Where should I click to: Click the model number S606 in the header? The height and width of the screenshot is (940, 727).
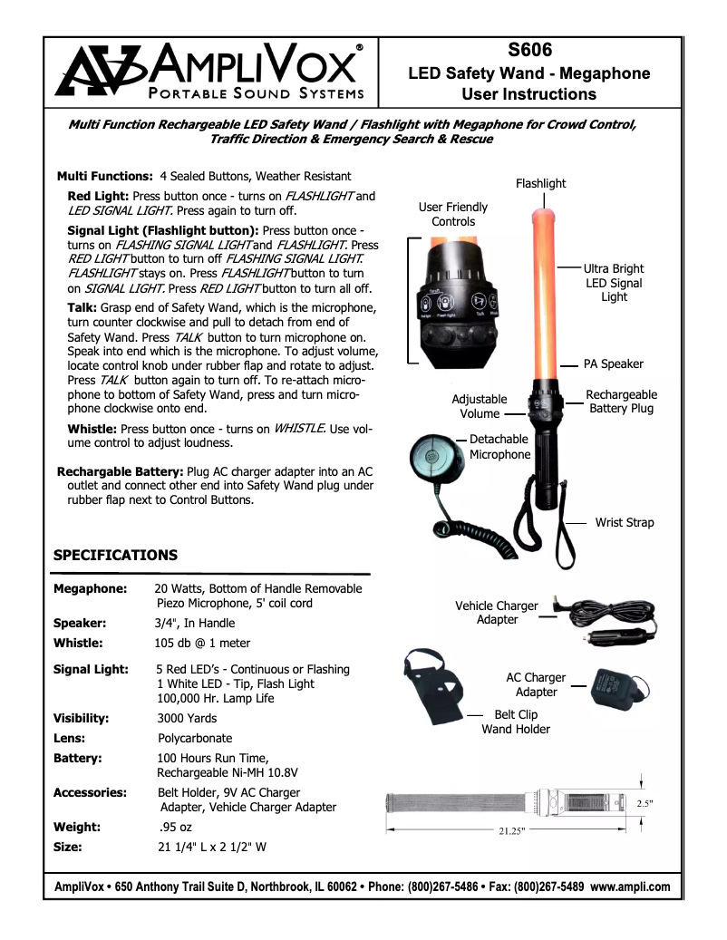pos(529,51)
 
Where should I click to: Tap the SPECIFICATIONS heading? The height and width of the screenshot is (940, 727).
pos(115,555)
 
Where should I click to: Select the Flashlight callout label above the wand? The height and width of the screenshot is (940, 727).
pos(540,183)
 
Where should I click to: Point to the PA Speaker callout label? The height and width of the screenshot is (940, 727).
pos(613,363)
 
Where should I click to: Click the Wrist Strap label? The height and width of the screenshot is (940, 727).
pos(624,522)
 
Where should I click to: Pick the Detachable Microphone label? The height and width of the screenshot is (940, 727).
pos(499,446)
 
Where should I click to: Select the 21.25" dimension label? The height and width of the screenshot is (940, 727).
pos(512,830)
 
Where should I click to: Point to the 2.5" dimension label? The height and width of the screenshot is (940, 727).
pos(645,803)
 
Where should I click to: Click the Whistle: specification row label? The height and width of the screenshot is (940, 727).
pos(78,643)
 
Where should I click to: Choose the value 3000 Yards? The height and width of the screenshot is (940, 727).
pos(187,718)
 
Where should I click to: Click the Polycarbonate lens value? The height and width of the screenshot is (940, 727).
pos(195,738)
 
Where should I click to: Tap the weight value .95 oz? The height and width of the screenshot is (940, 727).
pos(173,827)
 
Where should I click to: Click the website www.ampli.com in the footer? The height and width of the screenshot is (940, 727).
pos(630,887)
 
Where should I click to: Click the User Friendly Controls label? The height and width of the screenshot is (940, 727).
pos(453,214)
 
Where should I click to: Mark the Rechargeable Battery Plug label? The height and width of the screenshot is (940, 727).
pos(621,402)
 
